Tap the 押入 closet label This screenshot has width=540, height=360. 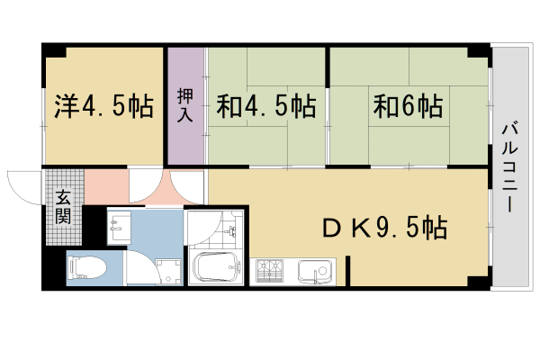pos(185,106)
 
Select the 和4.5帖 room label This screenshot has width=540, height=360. pos(265,108)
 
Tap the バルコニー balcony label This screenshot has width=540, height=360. pos(508,166)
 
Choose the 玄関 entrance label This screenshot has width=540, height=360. pos(64,209)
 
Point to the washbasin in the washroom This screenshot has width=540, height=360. pos(120,224)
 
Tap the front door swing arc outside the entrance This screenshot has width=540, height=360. pos(22,184)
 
